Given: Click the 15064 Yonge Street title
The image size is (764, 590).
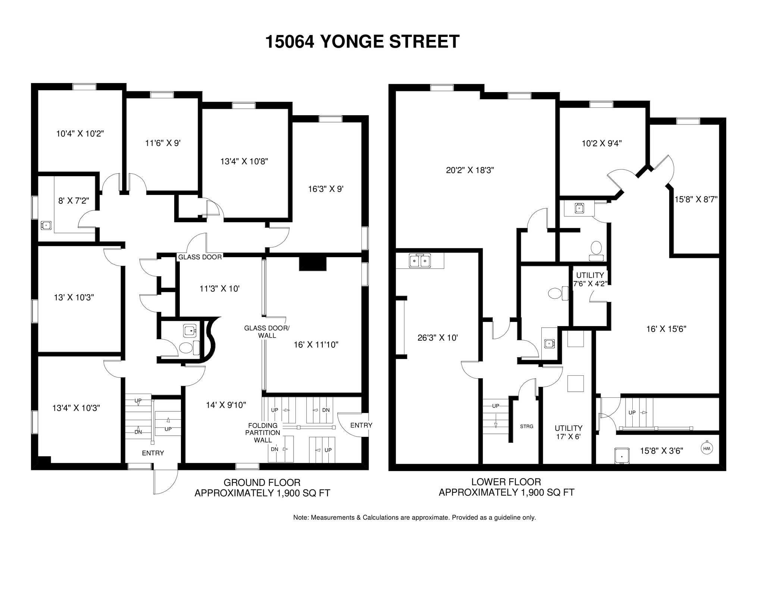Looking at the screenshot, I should [362, 42].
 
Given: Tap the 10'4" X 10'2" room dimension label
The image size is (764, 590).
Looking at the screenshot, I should [80, 133].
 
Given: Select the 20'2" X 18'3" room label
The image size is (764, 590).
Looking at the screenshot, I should [470, 170].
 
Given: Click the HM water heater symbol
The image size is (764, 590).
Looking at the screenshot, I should [707, 448].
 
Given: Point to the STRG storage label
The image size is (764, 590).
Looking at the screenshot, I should [526, 426].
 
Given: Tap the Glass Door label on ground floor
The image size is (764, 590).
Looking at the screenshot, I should [200, 257].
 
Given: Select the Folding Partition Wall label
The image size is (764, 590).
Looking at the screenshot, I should [263, 433].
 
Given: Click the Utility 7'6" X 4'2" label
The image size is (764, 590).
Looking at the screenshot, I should [590, 279].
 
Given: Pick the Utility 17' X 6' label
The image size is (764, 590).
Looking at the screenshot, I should [568, 432].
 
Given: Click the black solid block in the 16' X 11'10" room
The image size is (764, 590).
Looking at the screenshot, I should [313, 264].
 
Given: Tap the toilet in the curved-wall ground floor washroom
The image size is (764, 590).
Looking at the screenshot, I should [186, 348].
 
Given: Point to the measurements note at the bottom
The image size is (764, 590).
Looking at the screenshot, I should [414, 518].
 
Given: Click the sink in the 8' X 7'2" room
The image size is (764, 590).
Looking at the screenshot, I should [46, 225].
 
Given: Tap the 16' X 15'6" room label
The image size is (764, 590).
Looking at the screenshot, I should [666, 329].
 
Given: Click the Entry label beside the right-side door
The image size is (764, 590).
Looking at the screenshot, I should [361, 425].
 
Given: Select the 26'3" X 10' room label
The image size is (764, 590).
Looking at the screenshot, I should [437, 338].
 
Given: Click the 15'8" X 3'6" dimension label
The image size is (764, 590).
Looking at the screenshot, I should [661, 451].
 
